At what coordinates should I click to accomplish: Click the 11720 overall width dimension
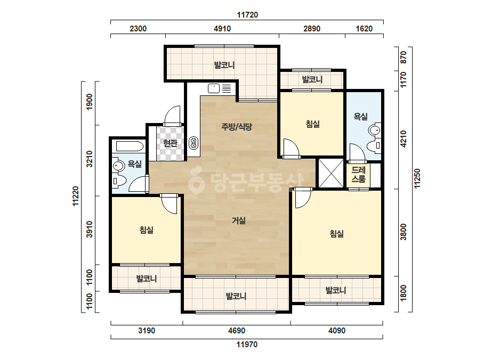247,15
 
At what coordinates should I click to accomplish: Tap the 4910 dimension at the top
222,29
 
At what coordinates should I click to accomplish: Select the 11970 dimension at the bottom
247,345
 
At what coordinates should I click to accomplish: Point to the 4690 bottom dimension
237,331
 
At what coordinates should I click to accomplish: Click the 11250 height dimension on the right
417,179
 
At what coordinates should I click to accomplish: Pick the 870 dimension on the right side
404,57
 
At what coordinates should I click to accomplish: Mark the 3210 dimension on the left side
90,159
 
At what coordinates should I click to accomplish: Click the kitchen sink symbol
214,88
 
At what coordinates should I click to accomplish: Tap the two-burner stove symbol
193,143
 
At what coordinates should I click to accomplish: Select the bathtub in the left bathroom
130,146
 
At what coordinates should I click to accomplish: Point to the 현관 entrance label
171,143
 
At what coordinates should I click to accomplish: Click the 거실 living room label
238,220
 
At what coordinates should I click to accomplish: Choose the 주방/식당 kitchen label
237,127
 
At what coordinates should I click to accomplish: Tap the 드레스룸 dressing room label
358,175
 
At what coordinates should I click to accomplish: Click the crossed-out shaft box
332,173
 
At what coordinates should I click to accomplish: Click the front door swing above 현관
172,116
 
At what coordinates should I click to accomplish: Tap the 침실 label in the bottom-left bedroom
147,230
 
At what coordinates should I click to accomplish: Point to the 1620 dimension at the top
364,29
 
